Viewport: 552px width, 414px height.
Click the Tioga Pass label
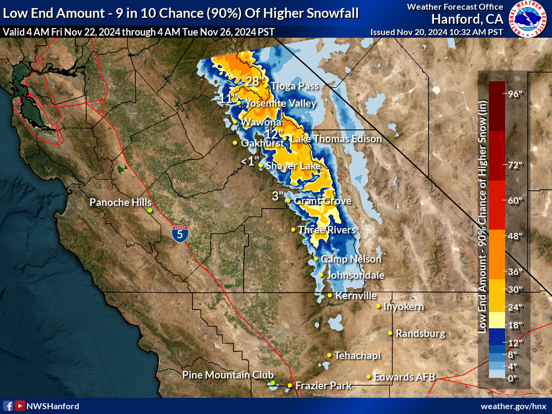coord(294,86)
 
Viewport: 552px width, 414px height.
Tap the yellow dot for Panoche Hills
coord(150,210)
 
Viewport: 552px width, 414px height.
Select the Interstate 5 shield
coord(180,233)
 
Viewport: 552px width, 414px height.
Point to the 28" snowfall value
coord(256,81)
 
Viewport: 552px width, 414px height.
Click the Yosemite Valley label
coord(280,103)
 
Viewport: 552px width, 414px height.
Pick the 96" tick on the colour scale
coord(515,94)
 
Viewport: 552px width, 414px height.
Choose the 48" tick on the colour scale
coord(515,236)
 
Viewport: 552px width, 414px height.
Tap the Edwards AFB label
coord(404,377)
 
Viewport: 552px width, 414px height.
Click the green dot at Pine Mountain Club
coord(273,383)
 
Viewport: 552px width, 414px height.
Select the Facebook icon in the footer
coord(8,406)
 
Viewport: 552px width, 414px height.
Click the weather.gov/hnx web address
coord(513,406)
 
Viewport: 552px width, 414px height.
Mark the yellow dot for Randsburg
coord(390,333)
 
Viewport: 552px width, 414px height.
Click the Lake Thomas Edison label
coord(336,139)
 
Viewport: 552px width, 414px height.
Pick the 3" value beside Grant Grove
coord(277,197)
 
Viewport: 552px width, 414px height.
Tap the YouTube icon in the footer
coord(20,406)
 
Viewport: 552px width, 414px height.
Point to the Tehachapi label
coord(357,355)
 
